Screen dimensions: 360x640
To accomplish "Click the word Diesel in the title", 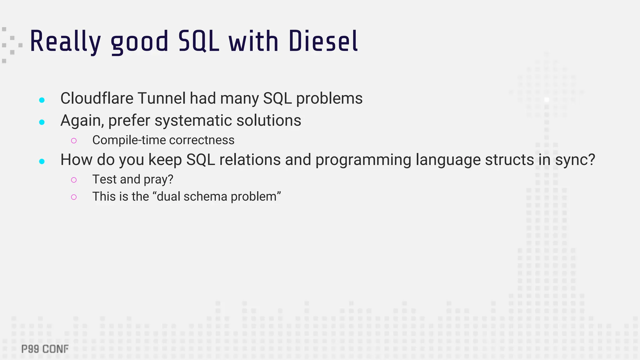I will (323, 41).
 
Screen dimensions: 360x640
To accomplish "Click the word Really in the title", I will (65, 42).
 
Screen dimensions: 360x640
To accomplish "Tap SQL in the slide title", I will (198, 41).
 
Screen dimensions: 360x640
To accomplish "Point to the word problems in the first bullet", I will (329, 99).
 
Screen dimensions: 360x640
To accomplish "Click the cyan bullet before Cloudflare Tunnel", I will (42, 100).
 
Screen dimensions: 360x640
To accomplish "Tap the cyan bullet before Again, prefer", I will (42, 122).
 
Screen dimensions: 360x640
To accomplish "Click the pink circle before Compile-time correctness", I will (74, 141).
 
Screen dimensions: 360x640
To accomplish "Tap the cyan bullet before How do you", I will (42, 161).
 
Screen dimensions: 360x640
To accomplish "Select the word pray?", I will (158, 180).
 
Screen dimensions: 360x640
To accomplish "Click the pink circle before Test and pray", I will (74, 180).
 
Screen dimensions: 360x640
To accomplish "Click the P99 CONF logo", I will (45, 349).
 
